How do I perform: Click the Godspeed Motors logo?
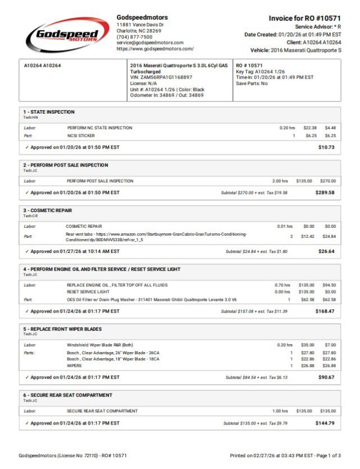click(x=67, y=35)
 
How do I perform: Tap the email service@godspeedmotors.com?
click(x=150, y=43)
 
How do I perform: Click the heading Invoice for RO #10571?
click(x=304, y=19)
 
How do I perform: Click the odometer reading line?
click(x=166, y=96)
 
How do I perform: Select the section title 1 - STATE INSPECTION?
click(x=49, y=112)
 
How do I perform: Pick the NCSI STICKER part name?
click(x=81, y=136)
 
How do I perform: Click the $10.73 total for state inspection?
click(x=326, y=147)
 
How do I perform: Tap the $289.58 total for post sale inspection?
click(x=325, y=192)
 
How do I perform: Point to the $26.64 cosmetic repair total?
click(x=326, y=251)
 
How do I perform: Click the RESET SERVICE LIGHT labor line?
click(x=88, y=292)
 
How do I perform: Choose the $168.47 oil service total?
click(x=325, y=311)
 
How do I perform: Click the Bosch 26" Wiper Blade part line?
click(x=113, y=353)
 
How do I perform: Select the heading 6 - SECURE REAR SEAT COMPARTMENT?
click(x=67, y=395)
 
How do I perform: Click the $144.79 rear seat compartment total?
click(x=325, y=423)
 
